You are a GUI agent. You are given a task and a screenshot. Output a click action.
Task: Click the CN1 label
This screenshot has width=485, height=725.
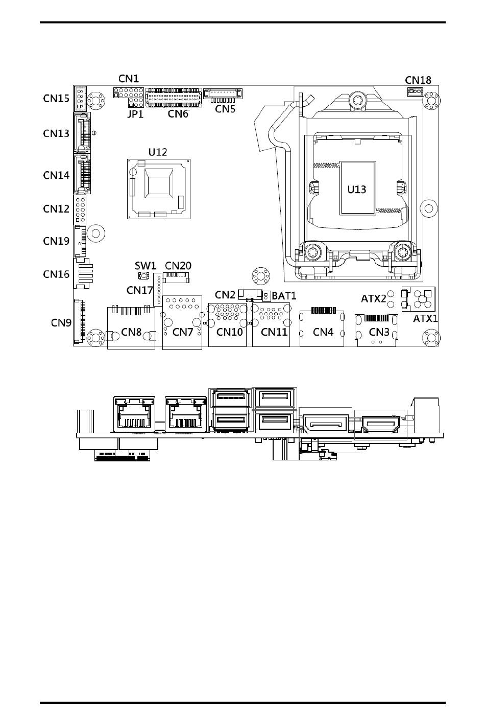click(129, 79)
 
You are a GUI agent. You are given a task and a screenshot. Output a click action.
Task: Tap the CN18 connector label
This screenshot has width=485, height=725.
click(418, 80)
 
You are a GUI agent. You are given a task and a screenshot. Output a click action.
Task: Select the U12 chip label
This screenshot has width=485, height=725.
click(157, 152)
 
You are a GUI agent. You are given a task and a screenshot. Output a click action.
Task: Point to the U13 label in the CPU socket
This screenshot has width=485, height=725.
click(357, 190)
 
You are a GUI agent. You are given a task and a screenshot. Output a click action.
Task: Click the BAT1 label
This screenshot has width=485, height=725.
click(284, 296)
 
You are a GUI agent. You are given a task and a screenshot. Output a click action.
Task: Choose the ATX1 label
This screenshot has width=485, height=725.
click(425, 319)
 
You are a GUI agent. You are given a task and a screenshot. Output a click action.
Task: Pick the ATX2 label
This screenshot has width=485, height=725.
click(374, 298)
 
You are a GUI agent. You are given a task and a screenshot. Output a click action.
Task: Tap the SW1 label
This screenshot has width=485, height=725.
click(145, 266)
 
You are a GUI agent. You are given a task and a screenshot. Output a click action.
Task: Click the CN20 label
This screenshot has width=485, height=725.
click(178, 266)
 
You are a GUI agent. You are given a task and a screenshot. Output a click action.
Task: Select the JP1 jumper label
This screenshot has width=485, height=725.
click(135, 114)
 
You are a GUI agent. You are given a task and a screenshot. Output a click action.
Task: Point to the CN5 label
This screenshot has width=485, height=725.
click(225, 109)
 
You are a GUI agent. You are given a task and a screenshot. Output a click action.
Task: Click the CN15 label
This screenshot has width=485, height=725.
click(56, 98)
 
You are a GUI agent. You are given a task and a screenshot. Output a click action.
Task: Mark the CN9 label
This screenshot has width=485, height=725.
click(61, 323)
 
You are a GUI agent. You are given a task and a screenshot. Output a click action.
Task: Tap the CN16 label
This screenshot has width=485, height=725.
click(56, 274)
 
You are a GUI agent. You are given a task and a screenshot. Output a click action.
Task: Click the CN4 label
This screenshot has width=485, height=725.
click(323, 332)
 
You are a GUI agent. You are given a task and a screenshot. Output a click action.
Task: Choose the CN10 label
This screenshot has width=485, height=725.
click(230, 332)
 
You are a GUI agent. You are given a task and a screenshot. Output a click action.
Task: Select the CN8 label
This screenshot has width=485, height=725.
click(131, 332)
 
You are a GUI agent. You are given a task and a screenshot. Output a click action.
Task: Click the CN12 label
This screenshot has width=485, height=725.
click(56, 208)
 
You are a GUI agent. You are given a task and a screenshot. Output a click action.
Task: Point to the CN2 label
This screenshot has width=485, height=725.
click(225, 295)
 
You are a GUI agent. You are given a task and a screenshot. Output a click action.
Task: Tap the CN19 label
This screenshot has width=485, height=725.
click(56, 241)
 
